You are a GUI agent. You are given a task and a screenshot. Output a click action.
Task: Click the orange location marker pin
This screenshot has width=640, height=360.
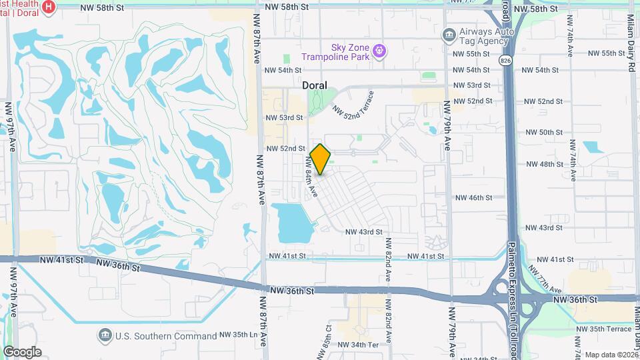tap(321, 159)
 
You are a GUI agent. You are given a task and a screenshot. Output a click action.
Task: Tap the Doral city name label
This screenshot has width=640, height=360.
tap(315, 85)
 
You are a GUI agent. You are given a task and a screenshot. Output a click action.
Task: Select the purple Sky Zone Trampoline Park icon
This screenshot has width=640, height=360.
tap(380, 51)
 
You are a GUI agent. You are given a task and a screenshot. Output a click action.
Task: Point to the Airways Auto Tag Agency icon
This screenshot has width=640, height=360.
tap(449, 34)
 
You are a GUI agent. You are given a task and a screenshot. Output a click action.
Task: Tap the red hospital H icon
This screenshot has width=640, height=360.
tap(48, 7)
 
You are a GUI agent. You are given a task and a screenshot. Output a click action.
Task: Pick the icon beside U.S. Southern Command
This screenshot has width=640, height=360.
tap(104, 335)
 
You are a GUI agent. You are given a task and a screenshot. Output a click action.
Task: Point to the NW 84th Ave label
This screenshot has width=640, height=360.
tap(311, 177)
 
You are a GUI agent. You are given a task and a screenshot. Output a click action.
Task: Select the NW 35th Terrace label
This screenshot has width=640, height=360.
tap(605, 329)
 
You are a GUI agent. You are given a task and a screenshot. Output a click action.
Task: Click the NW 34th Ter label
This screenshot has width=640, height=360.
tap(359, 345)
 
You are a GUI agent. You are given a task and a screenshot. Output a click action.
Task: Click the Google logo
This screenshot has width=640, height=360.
tap(22, 351)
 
